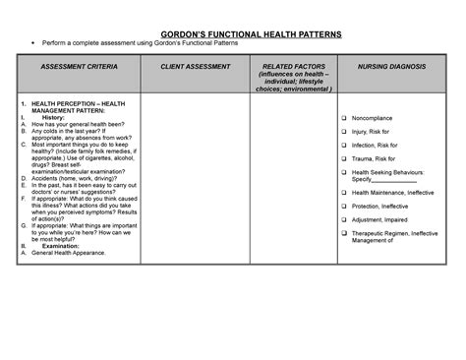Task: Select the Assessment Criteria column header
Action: pyautogui.click(x=80, y=66)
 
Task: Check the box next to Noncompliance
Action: pyautogui.click(x=344, y=118)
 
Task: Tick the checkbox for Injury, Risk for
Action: pyautogui.click(x=344, y=131)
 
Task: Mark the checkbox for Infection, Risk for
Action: pyautogui.click(x=344, y=145)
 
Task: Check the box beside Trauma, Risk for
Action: pyautogui.click(x=344, y=158)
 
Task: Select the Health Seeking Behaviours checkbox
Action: pyautogui.click(x=344, y=172)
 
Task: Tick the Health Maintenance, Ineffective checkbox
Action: pyautogui.click(x=344, y=193)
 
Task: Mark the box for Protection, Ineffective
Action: pyautogui.click(x=344, y=207)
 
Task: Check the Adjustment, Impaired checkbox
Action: pyautogui.click(x=344, y=220)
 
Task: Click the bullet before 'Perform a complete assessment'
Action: pyautogui.click(x=33, y=45)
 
